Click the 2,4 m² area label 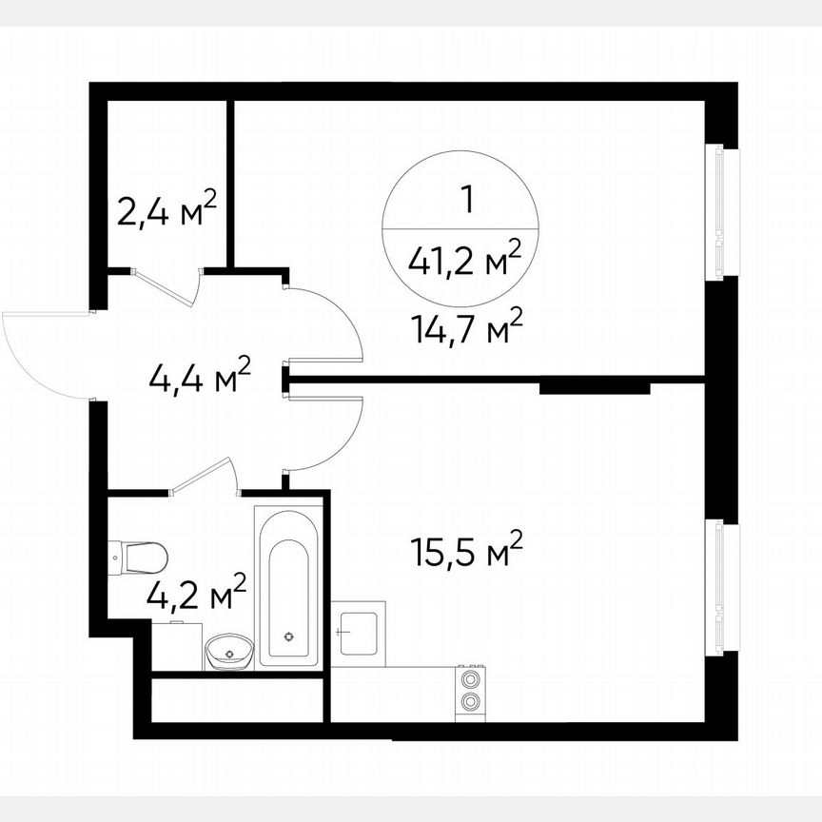pos(167,209)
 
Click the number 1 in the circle pos(466,200)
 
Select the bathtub pos(288,584)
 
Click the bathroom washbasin pos(229,653)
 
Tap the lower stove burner pos(469,703)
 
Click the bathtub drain pos(289,635)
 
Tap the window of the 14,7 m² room pos(720,211)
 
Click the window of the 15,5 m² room pos(720,586)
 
